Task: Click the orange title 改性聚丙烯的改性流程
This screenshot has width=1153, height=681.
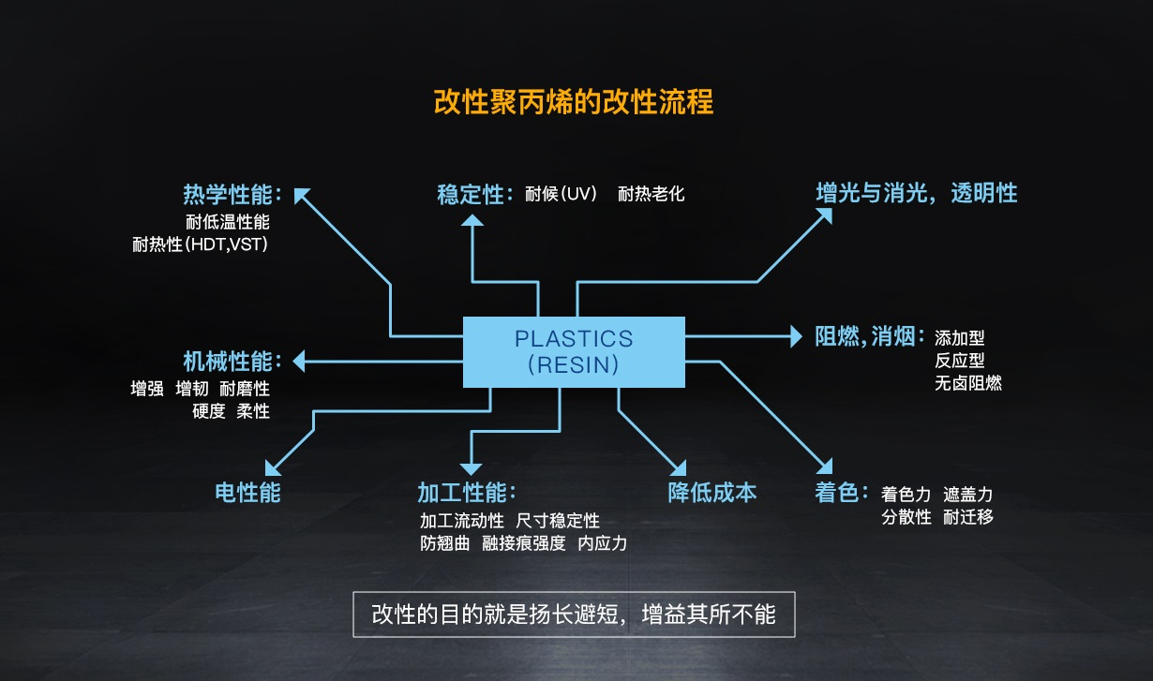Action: [x=574, y=101]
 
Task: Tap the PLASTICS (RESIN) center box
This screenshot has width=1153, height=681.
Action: [x=574, y=352]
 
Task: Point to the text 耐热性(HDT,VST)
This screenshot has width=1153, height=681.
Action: [x=201, y=244]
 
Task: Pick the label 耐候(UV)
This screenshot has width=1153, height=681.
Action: [x=562, y=194]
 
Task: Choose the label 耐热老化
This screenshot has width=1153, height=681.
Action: [x=651, y=194]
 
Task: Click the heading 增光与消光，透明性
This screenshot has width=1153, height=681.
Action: [x=917, y=193]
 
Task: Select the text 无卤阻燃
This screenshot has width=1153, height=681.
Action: [x=968, y=383]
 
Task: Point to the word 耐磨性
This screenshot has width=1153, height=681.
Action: [x=245, y=389]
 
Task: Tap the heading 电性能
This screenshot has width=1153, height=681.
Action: [x=247, y=492]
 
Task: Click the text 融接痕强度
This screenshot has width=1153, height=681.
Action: [x=523, y=543]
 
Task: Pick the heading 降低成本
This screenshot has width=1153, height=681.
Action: [x=712, y=492]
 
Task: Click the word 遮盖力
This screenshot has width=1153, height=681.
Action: [x=967, y=495]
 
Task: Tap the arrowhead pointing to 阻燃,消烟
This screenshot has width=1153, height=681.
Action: [x=796, y=337]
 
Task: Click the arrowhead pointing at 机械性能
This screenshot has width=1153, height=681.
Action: [x=299, y=361]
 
